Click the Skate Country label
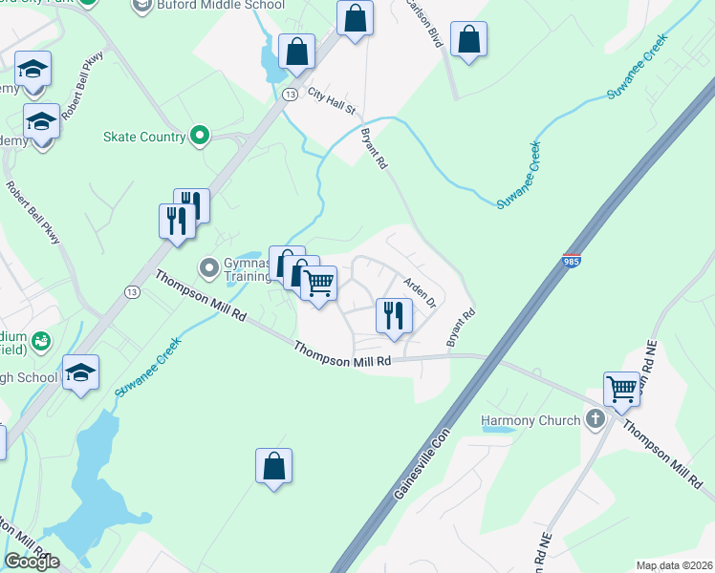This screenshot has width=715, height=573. [144, 137]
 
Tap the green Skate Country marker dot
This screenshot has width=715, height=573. [200, 136]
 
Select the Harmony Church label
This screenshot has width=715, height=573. [531, 420]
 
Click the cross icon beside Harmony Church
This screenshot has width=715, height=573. [596, 419]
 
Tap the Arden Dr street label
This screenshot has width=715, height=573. [420, 290]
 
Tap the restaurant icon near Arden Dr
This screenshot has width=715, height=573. [394, 315]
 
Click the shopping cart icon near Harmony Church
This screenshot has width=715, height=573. [622, 389]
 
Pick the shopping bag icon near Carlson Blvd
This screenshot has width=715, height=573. [468, 39]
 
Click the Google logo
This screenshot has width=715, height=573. [32, 562]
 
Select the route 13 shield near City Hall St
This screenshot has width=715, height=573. [288, 93]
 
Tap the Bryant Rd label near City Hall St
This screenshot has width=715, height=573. [374, 150]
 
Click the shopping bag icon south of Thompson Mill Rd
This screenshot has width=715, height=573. [273, 466]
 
